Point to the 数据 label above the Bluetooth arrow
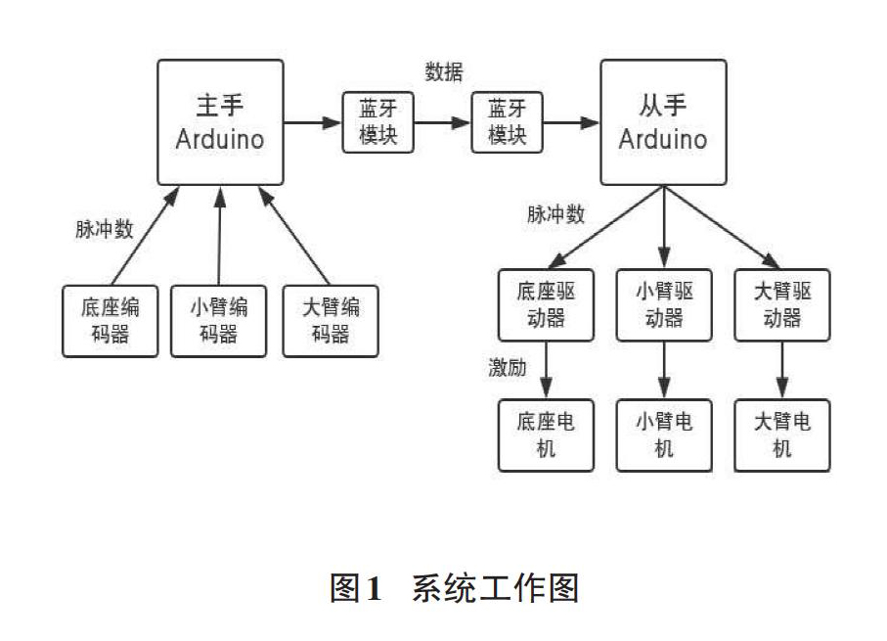(x=444, y=71)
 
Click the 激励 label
(x=508, y=368)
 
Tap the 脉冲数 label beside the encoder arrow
(x=105, y=229)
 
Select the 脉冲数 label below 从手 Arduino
(x=556, y=214)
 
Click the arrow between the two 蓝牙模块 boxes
(x=442, y=122)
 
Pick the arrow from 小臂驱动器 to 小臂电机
(x=664, y=370)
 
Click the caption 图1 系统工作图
(x=454, y=588)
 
